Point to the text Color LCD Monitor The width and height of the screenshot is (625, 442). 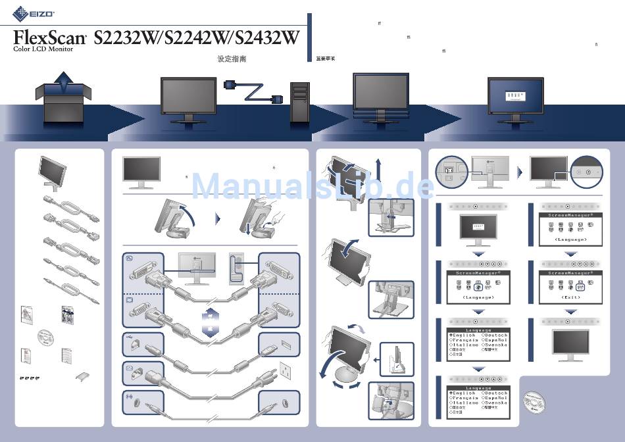43,49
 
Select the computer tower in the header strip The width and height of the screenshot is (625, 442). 299,101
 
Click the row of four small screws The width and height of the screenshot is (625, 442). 28,378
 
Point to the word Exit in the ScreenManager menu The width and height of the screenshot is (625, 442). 570,298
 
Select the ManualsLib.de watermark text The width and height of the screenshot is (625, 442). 312,187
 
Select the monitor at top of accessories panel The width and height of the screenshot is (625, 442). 52,171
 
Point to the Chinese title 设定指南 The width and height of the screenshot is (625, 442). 232,59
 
